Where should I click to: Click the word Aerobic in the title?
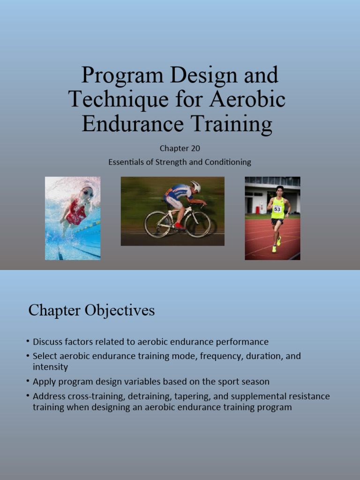tap(248, 99)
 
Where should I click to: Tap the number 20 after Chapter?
tap(195, 149)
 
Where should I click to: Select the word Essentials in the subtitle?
tap(125, 162)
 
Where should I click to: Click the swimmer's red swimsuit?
tap(76, 213)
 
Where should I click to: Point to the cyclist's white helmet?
tap(196, 186)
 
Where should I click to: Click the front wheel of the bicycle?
tap(198, 225)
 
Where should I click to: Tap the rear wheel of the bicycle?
tap(157, 224)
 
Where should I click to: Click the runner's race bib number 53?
tap(277, 209)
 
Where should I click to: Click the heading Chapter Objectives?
tap(91, 310)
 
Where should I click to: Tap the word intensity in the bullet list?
tap(50, 367)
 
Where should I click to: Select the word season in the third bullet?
tap(255, 382)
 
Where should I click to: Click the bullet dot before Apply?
tap(28, 381)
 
